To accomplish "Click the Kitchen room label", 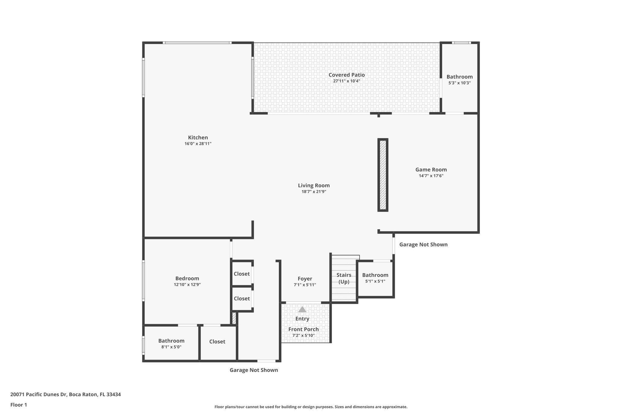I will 198,137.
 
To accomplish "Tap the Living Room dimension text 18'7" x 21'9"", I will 314,192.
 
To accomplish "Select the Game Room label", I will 431,170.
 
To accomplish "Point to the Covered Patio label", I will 347,75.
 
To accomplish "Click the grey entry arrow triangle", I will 302,310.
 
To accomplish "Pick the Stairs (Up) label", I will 344,278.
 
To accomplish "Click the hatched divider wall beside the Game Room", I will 383,175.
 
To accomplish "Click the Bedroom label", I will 187,278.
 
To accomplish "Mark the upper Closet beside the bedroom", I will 242,274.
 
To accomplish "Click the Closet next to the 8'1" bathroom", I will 217,342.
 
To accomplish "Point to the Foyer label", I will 305,279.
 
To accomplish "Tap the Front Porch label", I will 303,329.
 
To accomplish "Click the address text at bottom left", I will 66,395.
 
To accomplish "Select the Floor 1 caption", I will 19,405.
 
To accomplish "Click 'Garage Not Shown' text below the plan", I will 254,370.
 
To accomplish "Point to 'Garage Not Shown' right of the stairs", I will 423,244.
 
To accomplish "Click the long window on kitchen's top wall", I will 197,43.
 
